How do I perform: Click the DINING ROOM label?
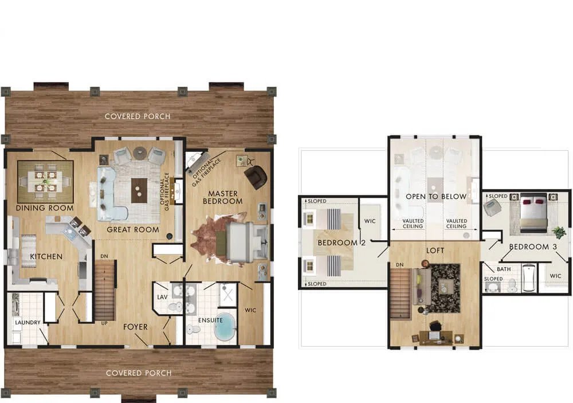coord(45,208)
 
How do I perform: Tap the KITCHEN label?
coord(46,257)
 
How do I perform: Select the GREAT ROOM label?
coord(133,230)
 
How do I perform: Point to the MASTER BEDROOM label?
coord(222,197)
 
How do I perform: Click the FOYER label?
coord(135,327)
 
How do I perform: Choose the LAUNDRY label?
coord(28,323)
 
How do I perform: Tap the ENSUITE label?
coord(210,320)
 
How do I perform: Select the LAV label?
coord(162,298)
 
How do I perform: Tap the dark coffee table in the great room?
coord(139,190)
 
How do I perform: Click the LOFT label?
coord(435,251)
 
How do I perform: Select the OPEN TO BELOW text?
coord(436,197)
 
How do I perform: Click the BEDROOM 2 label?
coord(342,243)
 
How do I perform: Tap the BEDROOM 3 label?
coord(533,247)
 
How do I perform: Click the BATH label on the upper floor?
coord(504,269)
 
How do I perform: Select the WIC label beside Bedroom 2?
coord(370,221)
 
